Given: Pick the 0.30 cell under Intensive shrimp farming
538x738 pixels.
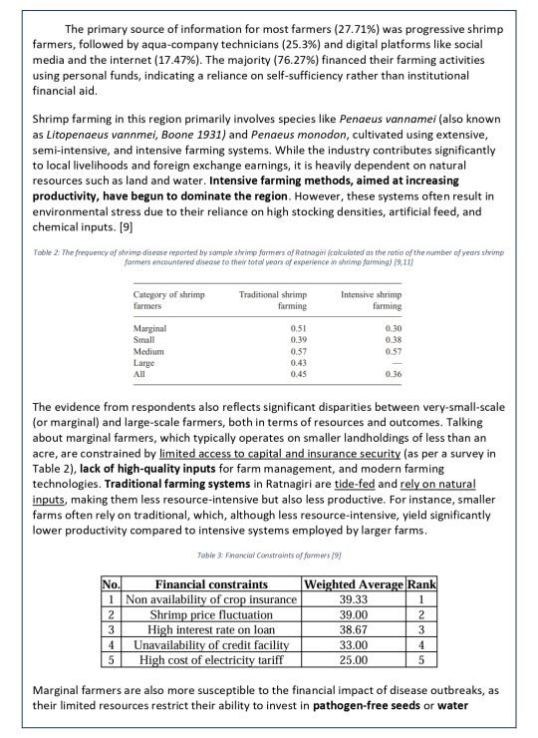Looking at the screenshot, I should (391, 326).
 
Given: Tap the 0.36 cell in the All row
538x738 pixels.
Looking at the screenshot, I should (391, 375).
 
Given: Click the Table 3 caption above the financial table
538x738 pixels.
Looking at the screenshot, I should (269, 555).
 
